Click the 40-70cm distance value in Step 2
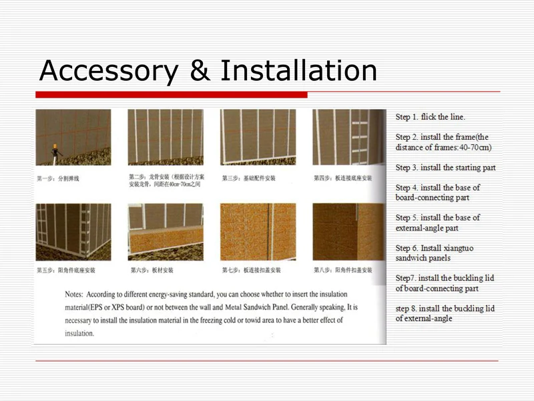pos(471,148)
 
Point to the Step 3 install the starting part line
pos(445,168)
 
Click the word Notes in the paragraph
pos(75,294)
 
